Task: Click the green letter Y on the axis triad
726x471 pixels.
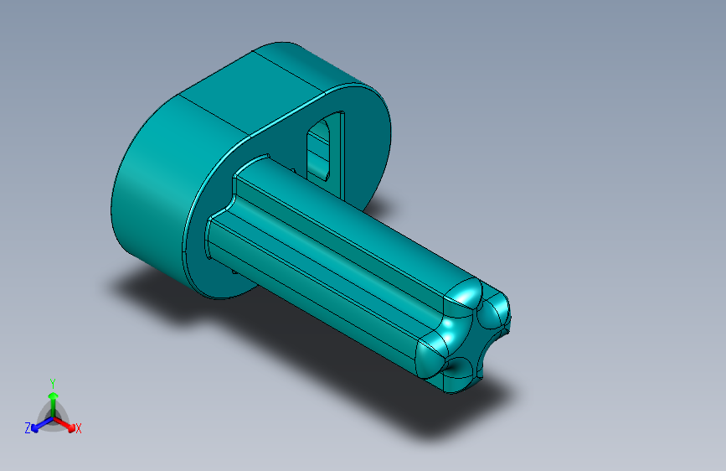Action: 52,380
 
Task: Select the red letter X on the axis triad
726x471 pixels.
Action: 78,428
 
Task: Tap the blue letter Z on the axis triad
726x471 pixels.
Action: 28,427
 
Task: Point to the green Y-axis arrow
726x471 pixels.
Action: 53,398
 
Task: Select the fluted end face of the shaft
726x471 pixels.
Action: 469,335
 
